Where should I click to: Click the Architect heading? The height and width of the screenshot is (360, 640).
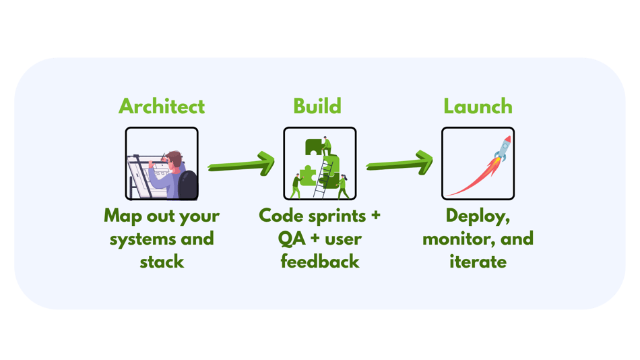pyautogui.click(x=162, y=107)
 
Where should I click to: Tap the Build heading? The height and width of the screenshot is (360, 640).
pyautogui.click(x=317, y=107)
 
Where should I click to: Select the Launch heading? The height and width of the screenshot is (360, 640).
pyautogui.click(x=478, y=107)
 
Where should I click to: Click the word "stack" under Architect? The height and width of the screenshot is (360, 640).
pyautogui.click(x=162, y=262)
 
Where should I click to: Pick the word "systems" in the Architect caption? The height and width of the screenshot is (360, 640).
pyautogui.click(x=142, y=239)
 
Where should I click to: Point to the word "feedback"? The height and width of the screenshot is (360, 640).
pyautogui.click(x=320, y=262)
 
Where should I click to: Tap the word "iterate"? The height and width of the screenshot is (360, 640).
pyautogui.click(x=478, y=262)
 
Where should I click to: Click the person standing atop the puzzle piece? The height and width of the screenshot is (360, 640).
pyautogui.click(x=327, y=143)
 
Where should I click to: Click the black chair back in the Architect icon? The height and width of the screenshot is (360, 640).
pyautogui.click(x=188, y=185)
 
